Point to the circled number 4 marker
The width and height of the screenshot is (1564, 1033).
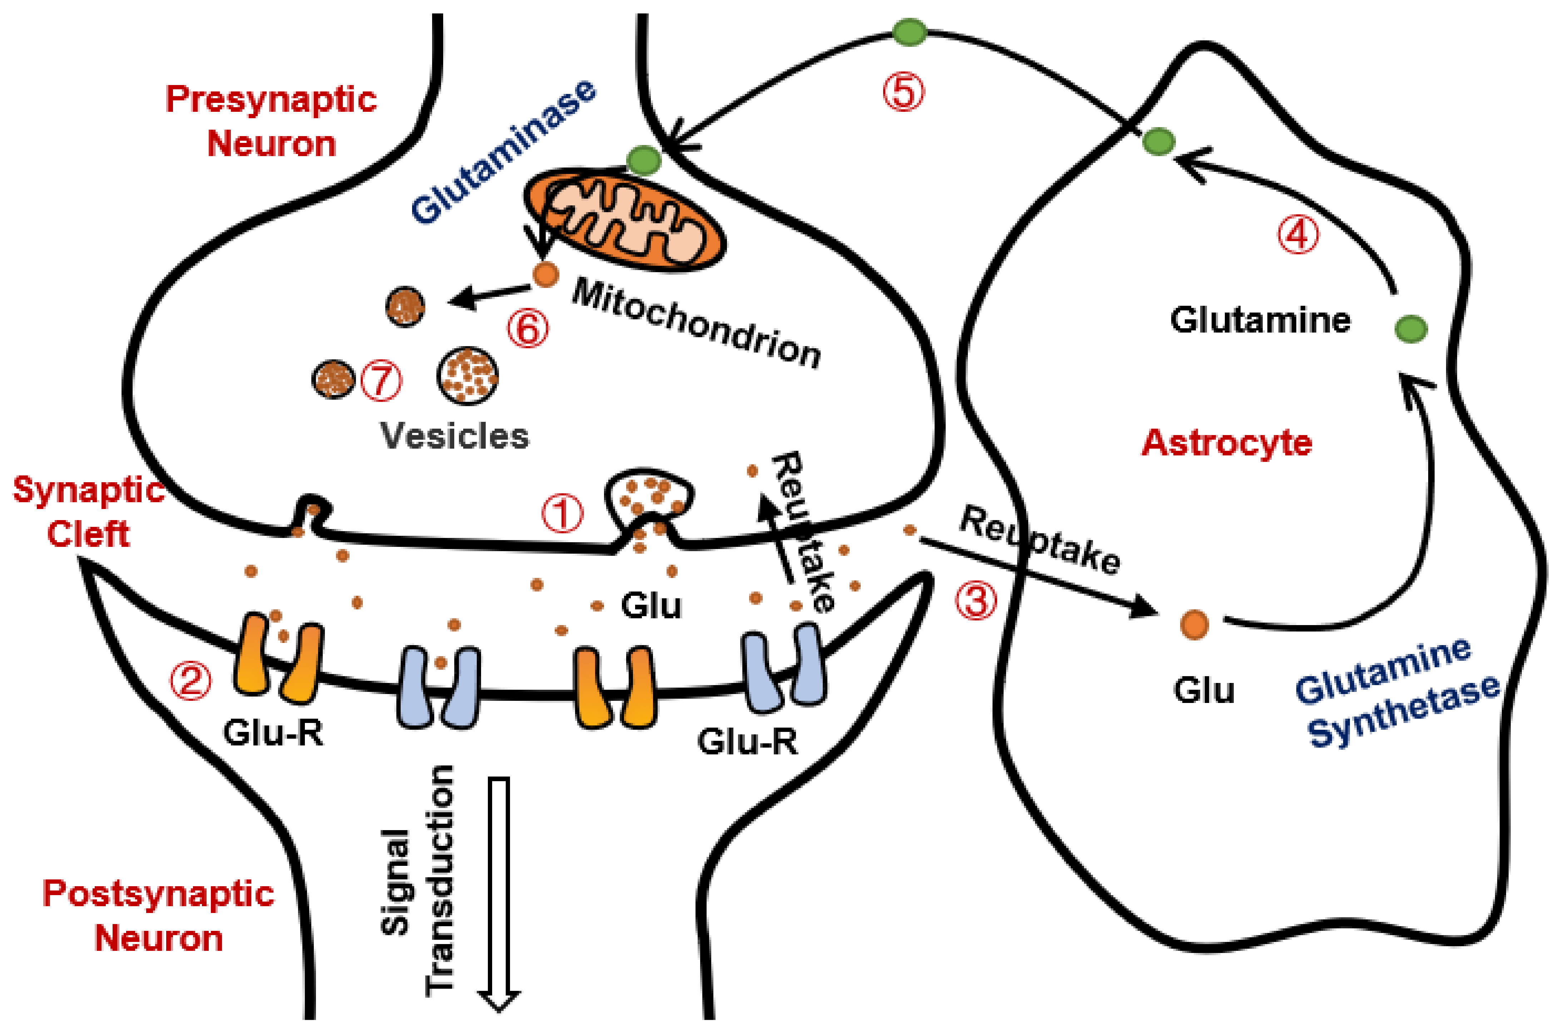(1298, 235)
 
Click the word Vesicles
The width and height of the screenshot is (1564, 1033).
(454, 436)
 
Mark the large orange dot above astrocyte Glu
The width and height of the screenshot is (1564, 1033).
(1194, 624)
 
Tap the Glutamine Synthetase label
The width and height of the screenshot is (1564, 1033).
(1397, 695)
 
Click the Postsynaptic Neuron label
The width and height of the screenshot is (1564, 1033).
(158, 916)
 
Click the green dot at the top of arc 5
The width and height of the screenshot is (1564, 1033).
(910, 32)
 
